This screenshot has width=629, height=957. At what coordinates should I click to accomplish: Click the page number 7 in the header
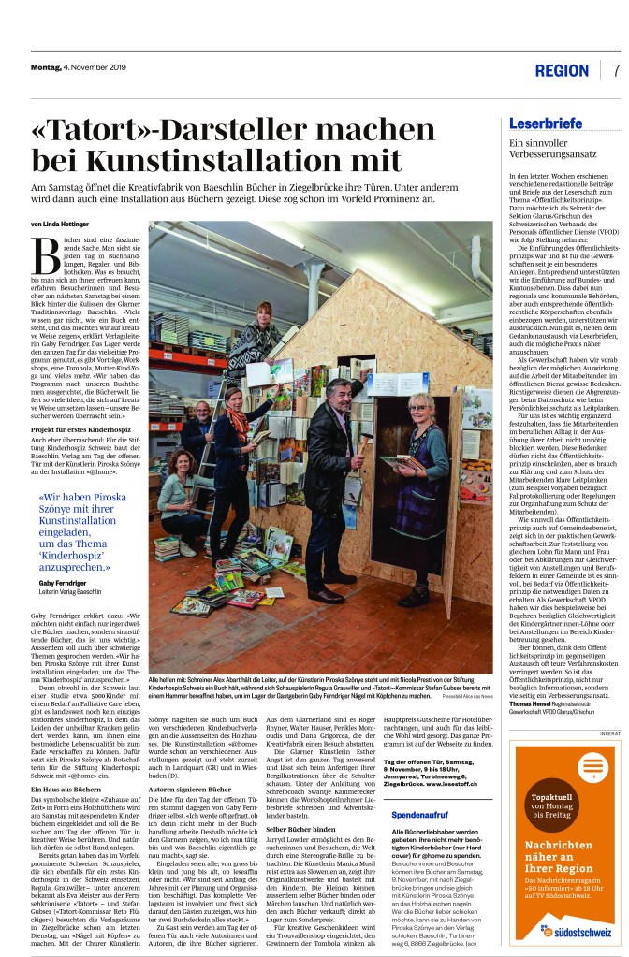[x=616, y=71]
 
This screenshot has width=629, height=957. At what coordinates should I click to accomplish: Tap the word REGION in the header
[x=562, y=72]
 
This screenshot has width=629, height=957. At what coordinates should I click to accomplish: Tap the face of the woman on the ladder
[x=264, y=312]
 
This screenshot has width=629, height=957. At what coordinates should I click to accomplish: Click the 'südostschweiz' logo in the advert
[x=563, y=935]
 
